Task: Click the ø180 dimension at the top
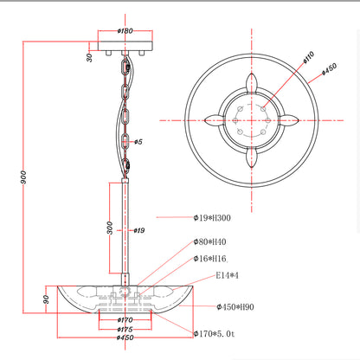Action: pyautogui.click(x=125, y=30)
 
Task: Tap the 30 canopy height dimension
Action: pyautogui.click(x=89, y=57)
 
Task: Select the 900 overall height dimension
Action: pyautogui.click(x=23, y=177)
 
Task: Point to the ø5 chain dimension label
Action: pyautogui.click(x=138, y=142)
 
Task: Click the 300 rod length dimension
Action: pyautogui.click(x=110, y=228)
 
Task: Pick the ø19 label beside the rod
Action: pyautogui.click(x=139, y=230)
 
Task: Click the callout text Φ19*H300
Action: pyautogui.click(x=212, y=218)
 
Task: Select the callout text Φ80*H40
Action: pyautogui.click(x=209, y=241)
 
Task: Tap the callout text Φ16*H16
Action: pyautogui.click(x=210, y=259)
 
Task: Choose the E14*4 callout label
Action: pyautogui.click(x=228, y=275)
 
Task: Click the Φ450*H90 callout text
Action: pyautogui.click(x=235, y=307)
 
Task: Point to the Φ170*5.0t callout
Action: pyautogui.click(x=214, y=334)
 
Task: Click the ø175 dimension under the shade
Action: pyautogui.click(x=125, y=329)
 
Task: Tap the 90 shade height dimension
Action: pyautogui.click(x=46, y=299)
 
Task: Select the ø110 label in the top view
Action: pyautogui.click(x=309, y=57)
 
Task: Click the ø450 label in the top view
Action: pyautogui.click(x=329, y=69)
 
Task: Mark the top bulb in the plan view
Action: pyautogui.click(x=252, y=83)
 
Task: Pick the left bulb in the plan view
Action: pyautogui.click(x=215, y=120)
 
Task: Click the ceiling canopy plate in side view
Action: pyautogui.click(x=125, y=46)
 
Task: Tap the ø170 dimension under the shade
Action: pyautogui.click(x=125, y=320)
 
